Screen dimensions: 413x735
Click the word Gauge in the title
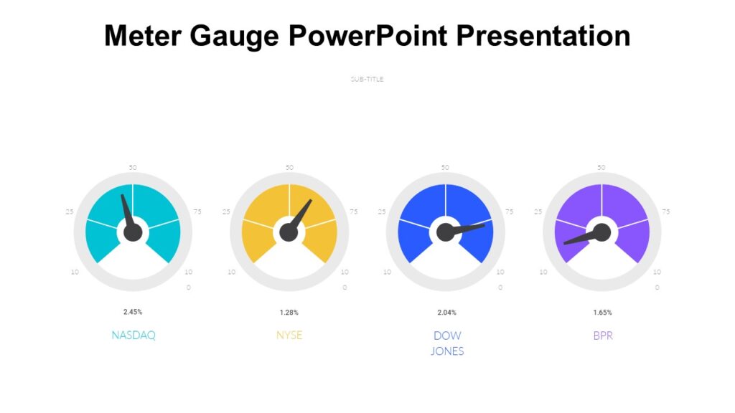[x=235, y=36]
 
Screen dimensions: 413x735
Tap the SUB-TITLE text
[x=367, y=79]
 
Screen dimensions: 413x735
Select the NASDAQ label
[x=134, y=335]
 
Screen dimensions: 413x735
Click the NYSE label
[x=289, y=335]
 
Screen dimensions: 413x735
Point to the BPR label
[x=603, y=335]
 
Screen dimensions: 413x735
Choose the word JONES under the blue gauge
[x=447, y=351]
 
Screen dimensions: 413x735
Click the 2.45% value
[x=133, y=312]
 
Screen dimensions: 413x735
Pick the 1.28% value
[x=289, y=312]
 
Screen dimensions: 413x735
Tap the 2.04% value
[x=446, y=312]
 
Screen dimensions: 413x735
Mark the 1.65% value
[x=603, y=312]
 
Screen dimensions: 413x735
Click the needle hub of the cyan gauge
[x=133, y=232]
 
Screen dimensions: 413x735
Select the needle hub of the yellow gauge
[x=289, y=232]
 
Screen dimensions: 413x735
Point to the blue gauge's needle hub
[x=446, y=232]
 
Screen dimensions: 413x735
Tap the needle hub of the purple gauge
[x=601, y=232]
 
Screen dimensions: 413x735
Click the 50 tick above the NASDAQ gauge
[x=133, y=168]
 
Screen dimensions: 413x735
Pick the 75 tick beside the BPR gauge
[x=666, y=212]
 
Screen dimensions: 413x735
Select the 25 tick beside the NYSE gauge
[x=226, y=212]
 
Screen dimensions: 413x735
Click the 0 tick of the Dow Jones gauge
[x=500, y=288]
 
